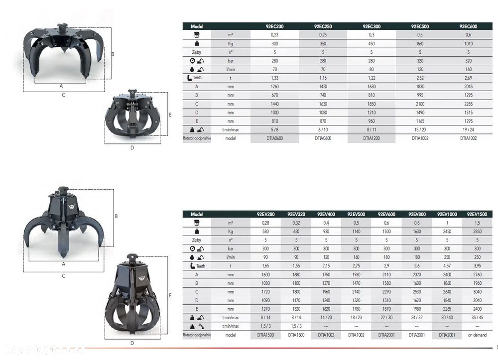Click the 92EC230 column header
pos(274,26)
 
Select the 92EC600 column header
pos(468,26)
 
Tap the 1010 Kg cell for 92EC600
pos(469,43)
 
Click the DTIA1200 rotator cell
pos(372,138)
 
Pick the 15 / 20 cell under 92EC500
pos(420,129)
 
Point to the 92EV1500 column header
pos(477,214)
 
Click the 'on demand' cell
pos(477,335)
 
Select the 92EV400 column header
pos(326,214)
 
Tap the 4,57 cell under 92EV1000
pos(447,266)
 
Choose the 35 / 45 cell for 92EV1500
pos(477,318)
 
